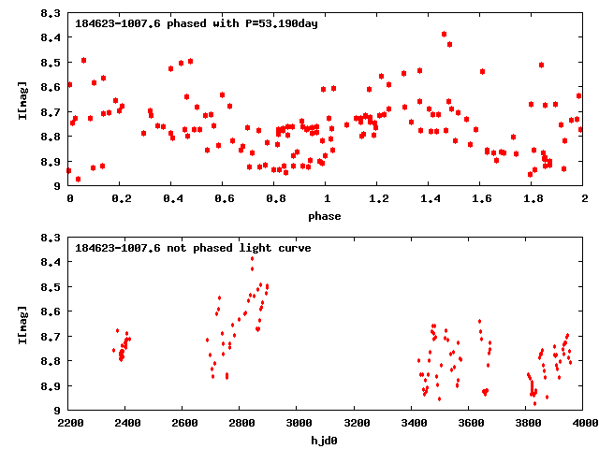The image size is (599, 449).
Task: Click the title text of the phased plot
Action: pos(197,23)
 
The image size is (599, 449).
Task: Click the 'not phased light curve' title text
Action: pos(193,248)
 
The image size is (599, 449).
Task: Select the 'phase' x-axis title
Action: pos(327,216)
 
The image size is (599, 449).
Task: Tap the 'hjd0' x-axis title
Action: pos(327,441)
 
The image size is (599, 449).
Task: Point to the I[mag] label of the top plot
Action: pos(22,99)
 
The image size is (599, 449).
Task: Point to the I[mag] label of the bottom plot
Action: pos(22,324)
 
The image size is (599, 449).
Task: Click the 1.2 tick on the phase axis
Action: pos(378,199)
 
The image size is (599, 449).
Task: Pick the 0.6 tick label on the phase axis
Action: pos(224,199)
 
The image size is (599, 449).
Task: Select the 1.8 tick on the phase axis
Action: pos(533,199)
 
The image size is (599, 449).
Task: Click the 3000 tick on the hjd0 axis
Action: pos(299,424)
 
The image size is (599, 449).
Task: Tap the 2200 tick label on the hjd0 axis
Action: pos(70,424)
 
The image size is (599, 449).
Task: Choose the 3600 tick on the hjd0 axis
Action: pos(470,424)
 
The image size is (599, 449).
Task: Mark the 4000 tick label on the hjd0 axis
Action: pos(584,424)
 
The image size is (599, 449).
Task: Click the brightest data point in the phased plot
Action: pos(444,34)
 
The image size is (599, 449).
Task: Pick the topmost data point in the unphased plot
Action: pos(252,258)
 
